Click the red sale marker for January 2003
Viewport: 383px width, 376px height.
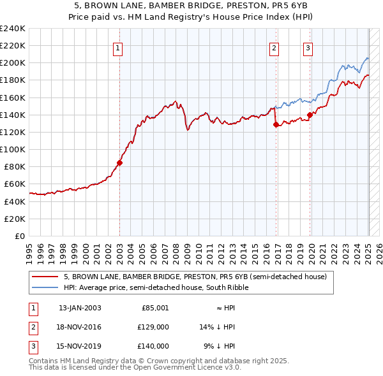[x=119, y=163]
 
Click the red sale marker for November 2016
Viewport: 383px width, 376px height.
[x=276, y=125]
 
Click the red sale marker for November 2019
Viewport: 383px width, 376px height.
[x=310, y=115]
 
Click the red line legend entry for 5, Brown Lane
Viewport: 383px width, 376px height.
[x=195, y=277]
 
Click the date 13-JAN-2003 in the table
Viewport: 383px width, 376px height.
[x=80, y=308]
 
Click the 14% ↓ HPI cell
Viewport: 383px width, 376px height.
[x=218, y=327]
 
